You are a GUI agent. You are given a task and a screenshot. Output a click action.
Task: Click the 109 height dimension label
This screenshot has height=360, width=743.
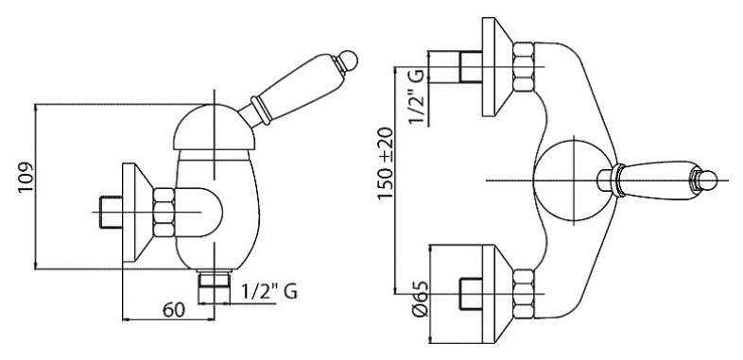(26, 177)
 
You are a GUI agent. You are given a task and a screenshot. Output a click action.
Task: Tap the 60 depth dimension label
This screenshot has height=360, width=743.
(173, 310)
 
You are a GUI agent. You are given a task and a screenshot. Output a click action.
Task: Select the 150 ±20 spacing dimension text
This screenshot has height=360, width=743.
(386, 163)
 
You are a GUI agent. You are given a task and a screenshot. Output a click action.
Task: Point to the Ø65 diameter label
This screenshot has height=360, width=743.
(420, 299)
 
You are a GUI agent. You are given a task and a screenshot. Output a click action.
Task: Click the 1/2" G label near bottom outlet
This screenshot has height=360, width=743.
(269, 291)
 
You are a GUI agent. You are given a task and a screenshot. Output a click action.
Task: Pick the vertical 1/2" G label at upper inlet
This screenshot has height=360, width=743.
(417, 96)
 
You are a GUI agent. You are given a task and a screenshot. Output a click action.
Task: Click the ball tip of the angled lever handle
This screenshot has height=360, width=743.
(349, 60)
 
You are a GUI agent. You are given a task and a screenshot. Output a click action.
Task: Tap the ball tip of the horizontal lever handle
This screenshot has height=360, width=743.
(708, 180)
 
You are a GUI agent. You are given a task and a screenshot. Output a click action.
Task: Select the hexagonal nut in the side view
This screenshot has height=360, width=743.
(164, 212)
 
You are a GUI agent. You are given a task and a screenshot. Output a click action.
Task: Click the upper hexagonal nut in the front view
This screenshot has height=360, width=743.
(524, 66)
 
